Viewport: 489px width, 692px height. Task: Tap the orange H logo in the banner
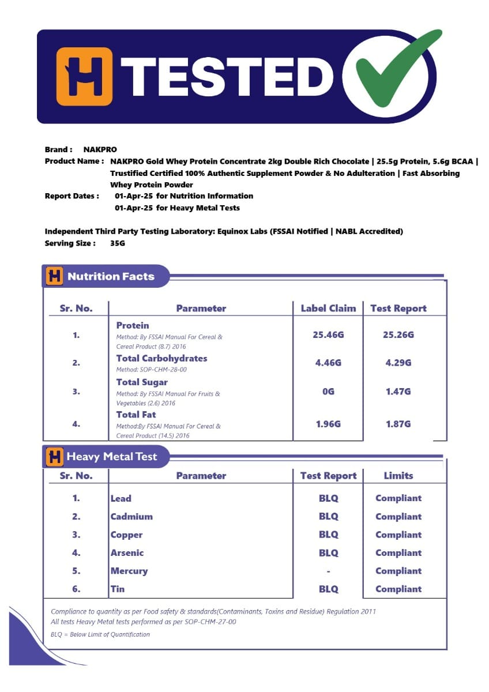(x=84, y=76)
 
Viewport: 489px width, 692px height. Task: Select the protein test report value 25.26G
(x=398, y=335)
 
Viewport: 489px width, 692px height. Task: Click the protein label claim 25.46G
(x=328, y=335)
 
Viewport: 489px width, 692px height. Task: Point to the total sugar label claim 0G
(x=328, y=392)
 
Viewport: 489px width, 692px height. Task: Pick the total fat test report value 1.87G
(x=398, y=424)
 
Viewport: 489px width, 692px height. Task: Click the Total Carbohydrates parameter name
(x=161, y=358)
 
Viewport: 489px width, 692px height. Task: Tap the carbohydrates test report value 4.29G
(x=398, y=363)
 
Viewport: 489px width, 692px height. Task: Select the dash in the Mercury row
(x=328, y=571)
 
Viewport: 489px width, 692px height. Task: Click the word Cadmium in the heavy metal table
(x=131, y=517)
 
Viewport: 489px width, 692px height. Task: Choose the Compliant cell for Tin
(x=398, y=589)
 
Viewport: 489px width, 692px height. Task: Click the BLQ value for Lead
(x=328, y=498)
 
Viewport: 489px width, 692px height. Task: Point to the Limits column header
(x=398, y=476)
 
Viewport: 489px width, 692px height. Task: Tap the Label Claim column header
(x=328, y=309)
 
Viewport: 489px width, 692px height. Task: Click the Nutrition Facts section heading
(x=111, y=276)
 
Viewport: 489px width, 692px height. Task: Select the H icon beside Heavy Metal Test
(x=54, y=457)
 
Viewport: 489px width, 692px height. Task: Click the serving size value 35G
(x=118, y=243)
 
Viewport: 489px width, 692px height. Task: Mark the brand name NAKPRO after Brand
(x=100, y=149)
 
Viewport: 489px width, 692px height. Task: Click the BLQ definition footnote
(x=100, y=634)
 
